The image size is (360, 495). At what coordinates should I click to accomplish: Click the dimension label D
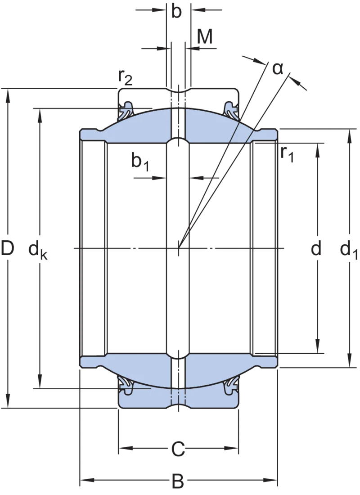[x=8, y=248]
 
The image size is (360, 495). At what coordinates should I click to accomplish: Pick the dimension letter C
[x=178, y=449]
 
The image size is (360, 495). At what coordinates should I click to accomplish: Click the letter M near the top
[x=205, y=36]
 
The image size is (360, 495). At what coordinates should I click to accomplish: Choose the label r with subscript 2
[x=125, y=76]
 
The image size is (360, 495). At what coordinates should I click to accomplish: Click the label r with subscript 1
[x=287, y=154]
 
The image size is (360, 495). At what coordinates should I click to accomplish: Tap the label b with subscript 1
[x=140, y=162]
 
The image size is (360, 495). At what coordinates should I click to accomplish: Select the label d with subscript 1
[x=349, y=250]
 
